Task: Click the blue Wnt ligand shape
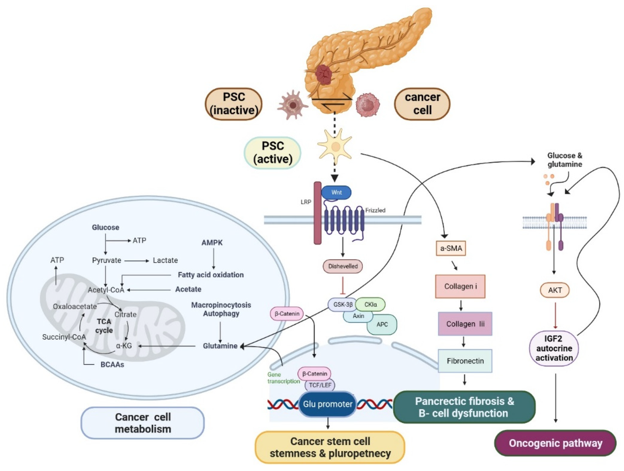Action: point(336,193)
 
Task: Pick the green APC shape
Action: point(382,324)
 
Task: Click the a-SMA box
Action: point(451,248)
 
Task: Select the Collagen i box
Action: point(460,286)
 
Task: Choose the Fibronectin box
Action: point(465,361)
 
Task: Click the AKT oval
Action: point(555,290)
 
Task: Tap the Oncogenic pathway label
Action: point(555,443)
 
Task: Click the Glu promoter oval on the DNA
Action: point(327,404)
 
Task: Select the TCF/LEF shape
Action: point(320,385)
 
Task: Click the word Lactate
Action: point(165,260)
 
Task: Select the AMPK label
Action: point(212,242)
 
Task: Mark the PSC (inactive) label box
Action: point(234,104)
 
